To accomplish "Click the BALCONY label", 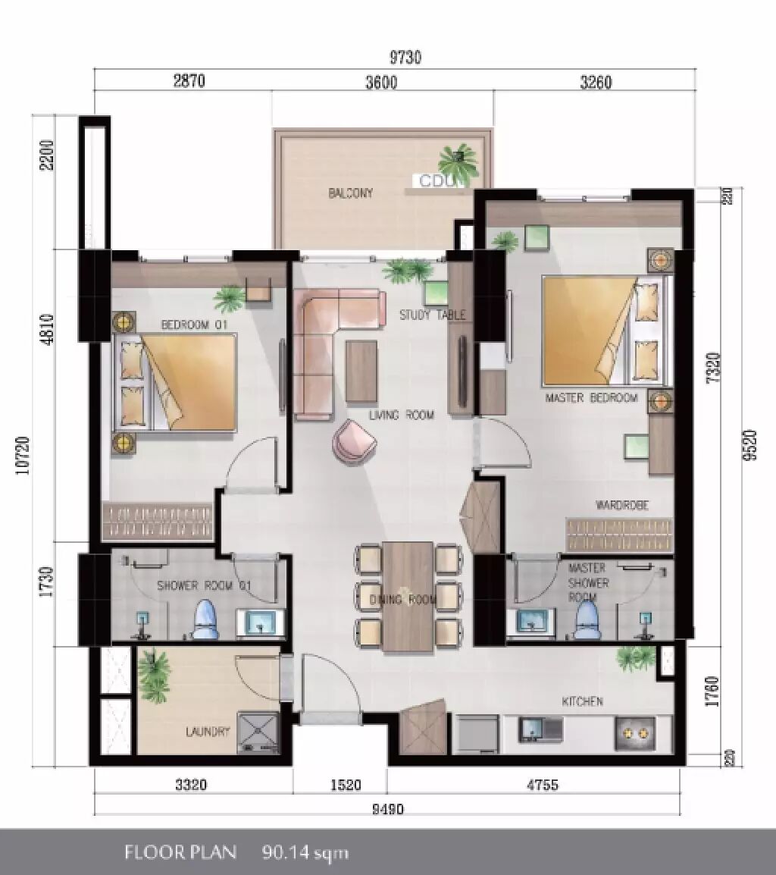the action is click(350, 193).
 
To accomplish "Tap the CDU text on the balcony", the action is click(437, 180).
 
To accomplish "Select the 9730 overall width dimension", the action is click(405, 58).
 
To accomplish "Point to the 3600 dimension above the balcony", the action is click(382, 82).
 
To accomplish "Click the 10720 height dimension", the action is click(23, 456).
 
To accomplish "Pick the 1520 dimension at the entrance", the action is click(346, 786).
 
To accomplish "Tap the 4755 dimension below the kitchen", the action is click(543, 786).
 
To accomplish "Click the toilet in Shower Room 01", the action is click(204, 619).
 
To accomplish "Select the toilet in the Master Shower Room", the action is click(587, 619).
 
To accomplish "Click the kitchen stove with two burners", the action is click(635, 733).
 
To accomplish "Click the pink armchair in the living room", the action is click(354, 441).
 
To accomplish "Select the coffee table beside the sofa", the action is click(361, 371).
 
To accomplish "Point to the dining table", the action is click(408, 597).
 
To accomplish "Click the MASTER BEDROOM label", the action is click(591, 398).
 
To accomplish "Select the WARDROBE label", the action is click(622, 506).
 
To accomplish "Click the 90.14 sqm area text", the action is click(305, 852).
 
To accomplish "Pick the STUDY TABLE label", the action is click(433, 315).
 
